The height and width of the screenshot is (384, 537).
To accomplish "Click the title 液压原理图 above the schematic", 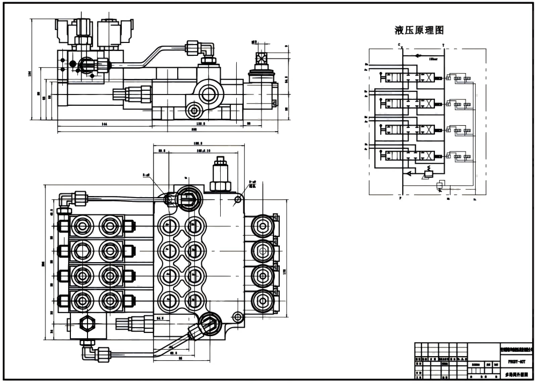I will click(x=419, y=31).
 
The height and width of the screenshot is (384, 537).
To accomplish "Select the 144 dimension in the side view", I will click(x=104, y=124).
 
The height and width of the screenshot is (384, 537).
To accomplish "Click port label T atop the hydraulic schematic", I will click(x=443, y=45).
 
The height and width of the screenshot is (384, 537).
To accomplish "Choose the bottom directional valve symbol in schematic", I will click(x=410, y=156).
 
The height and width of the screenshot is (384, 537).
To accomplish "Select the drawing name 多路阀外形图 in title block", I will click(x=513, y=374).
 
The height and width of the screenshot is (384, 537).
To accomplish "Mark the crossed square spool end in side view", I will click(x=262, y=59).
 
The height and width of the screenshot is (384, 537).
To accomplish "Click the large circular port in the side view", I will click(x=207, y=93).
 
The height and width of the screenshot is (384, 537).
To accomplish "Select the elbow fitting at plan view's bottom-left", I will click(x=86, y=352).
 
